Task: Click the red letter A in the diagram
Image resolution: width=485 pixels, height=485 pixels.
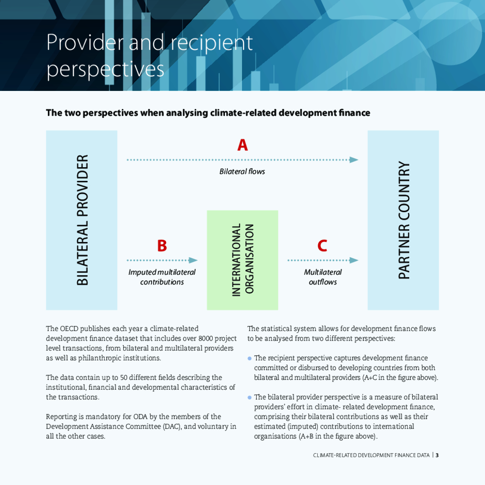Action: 242,145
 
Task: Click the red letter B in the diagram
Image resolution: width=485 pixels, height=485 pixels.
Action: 162,246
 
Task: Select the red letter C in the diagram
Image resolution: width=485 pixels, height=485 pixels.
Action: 322,246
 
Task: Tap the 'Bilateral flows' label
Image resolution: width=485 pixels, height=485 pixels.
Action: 242,171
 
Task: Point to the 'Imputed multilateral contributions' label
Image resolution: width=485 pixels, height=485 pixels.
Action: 162,277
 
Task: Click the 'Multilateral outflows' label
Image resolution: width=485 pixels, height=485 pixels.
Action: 323,277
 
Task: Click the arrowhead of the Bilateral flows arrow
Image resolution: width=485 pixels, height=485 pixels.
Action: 354,160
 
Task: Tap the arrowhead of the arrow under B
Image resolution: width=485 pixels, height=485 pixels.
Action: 193,260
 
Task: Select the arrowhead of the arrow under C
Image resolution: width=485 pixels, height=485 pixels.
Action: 354,260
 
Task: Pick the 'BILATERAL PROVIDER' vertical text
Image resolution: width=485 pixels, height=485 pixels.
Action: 82,220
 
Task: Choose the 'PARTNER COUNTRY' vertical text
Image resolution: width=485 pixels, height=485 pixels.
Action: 404,220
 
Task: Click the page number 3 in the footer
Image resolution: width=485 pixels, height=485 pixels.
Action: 437,455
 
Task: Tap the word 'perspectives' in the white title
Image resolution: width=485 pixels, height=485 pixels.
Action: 105,69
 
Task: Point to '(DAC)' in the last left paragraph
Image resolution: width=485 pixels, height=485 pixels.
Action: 174,426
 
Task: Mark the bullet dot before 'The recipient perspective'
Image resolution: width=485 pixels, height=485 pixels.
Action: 250,359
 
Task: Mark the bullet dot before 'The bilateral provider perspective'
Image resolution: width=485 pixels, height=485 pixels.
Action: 250,397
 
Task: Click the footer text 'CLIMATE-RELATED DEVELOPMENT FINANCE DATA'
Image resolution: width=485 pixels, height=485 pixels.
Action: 371,455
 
